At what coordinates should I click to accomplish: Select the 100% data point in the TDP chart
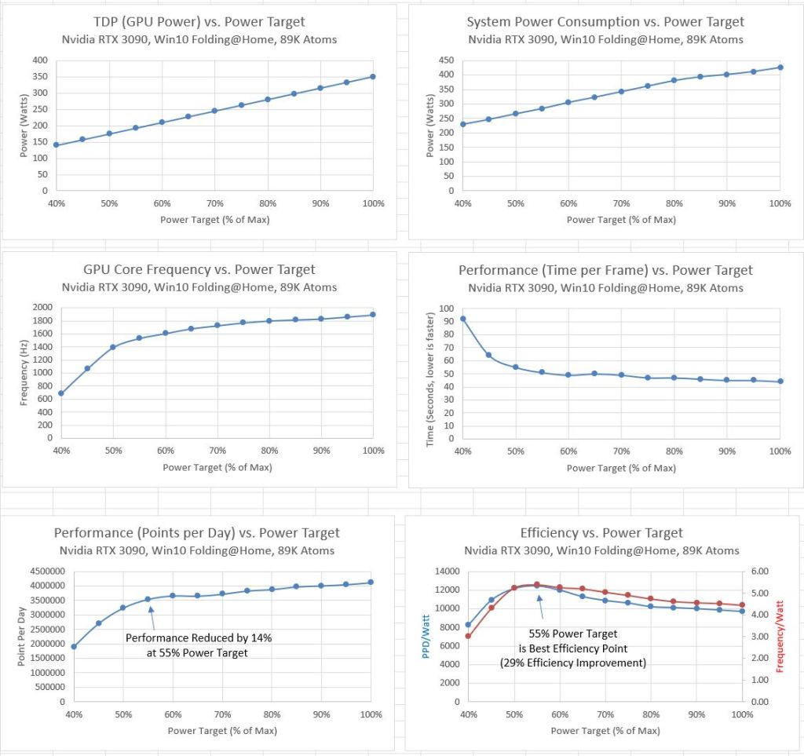click(372, 77)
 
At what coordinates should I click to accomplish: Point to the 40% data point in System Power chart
click(463, 124)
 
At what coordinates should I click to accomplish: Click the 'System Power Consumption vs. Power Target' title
click(605, 22)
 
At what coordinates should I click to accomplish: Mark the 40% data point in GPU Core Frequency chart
click(61, 393)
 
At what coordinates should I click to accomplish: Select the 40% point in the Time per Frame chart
click(463, 319)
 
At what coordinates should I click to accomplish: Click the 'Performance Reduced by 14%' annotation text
click(198, 638)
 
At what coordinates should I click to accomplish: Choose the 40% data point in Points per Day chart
click(74, 647)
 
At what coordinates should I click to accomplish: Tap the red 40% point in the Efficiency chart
click(468, 636)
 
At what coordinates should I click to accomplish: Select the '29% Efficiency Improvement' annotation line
click(573, 663)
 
